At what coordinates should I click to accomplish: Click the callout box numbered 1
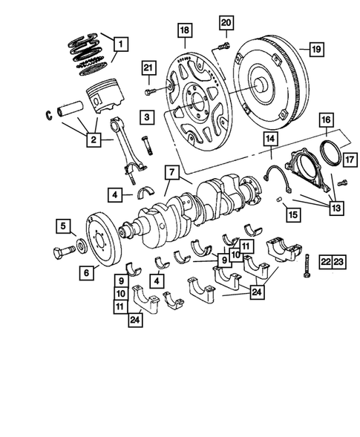[118, 44]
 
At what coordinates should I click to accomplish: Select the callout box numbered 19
[315, 50]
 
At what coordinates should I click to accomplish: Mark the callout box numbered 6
[86, 272]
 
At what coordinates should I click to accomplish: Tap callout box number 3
[149, 116]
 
